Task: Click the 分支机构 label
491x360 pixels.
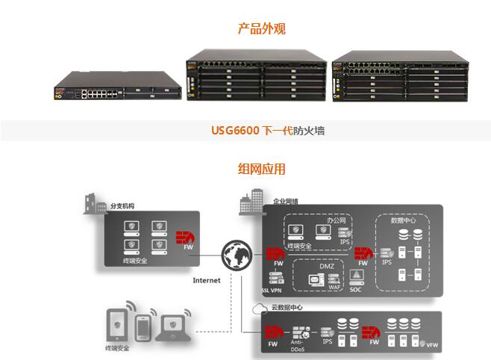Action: point(124,205)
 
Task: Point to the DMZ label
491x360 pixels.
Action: point(326,266)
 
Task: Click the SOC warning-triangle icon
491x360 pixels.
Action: point(356,276)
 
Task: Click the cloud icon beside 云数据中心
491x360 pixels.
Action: point(257,307)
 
